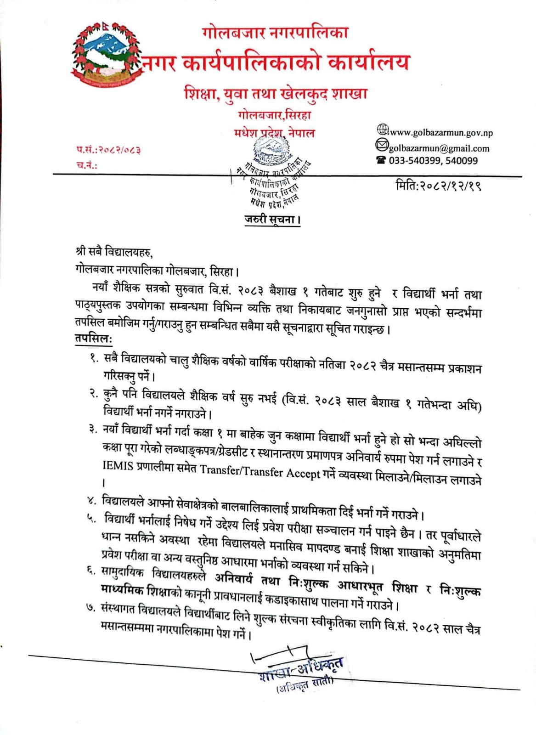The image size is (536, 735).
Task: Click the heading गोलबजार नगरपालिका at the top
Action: pyautogui.click(x=275, y=33)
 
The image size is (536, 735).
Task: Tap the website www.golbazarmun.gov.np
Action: pyautogui.click(x=441, y=133)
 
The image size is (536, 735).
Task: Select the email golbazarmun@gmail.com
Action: pyautogui.click(x=439, y=148)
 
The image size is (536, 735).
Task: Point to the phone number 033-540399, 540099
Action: pyautogui.click(x=433, y=161)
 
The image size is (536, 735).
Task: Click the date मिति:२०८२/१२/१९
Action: pyautogui.click(x=438, y=187)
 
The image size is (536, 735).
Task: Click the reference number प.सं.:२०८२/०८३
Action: pyautogui.click(x=108, y=150)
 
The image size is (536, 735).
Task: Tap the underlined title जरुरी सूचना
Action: pyautogui.click(x=272, y=219)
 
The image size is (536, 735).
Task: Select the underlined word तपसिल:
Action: pyautogui.click(x=94, y=339)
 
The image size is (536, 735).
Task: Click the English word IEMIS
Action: pyautogui.click(x=118, y=466)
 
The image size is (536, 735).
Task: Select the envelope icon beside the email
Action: pyautogui.click(x=382, y=146)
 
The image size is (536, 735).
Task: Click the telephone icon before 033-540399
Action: pyautogui.click(x=381, y=160)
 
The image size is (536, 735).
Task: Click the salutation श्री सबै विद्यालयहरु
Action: pyautogui.click(x=114, y=252)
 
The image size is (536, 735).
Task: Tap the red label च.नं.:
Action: pyautogui.click(x=87, y=165)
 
